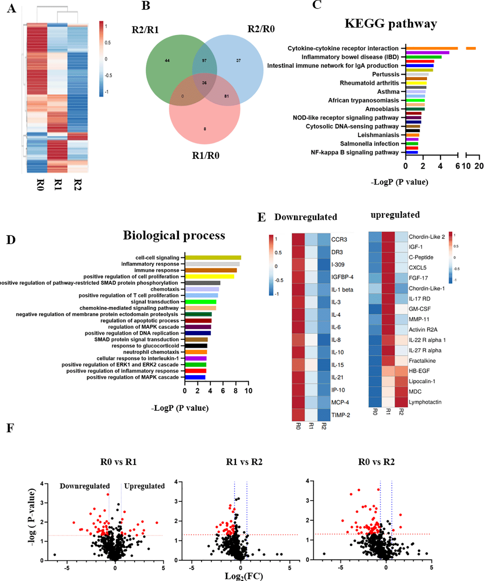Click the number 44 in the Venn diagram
click(x=167, y=61)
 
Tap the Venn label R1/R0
click(x=206, y=156)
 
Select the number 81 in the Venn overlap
click(x=226, y=96)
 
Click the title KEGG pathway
click(x=391, y=24)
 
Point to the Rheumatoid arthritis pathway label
click(x=369, y=83)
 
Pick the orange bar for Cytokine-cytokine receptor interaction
click(x=432, y=48)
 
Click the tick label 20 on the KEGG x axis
click(x=479, y=166)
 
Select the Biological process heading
click(x=174, y=235)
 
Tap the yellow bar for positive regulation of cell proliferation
click(x=209, y=277)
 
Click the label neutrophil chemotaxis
click(x=151, y=352)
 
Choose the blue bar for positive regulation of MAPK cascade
click(x=195, y=377)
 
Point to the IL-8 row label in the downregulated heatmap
click(x=336, y=340)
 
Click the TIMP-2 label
click(x=341, y=415)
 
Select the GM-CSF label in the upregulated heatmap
click(x=420, y=309)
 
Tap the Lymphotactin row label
click(x=425, y=402)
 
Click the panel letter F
click(x=10, y=428)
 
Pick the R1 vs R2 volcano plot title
click(x=244, y=462)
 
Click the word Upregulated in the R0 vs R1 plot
click(x=144, y=486)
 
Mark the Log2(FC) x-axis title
click(x=244, y=576)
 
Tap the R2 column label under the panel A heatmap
click(x=77, y=185)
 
